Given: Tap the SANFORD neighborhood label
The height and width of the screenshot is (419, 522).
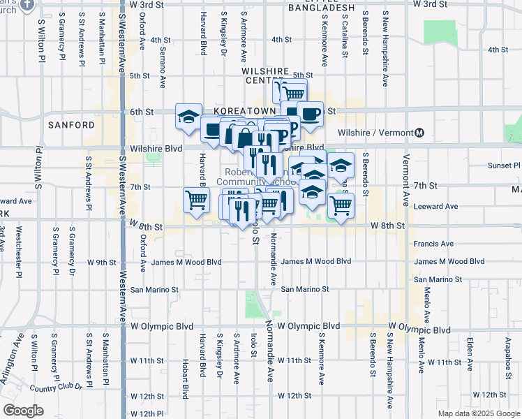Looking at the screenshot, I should click(x=72, y=125).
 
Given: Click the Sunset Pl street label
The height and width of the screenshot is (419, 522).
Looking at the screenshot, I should click(x=504, y=166).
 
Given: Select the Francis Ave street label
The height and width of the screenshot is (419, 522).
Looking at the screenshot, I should click(x=433, y=244).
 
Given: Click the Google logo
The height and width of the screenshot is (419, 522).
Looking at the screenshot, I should click(x=22, y=411).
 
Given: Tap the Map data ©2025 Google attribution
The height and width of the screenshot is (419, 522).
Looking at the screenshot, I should click(x=479, y=413).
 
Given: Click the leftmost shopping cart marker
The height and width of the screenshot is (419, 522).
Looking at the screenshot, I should click(x=197, y=200).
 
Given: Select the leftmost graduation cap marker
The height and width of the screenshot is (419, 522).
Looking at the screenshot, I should click(x=188, y=116).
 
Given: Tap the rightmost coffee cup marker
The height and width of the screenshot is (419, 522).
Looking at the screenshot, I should click(x=310, y=113).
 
